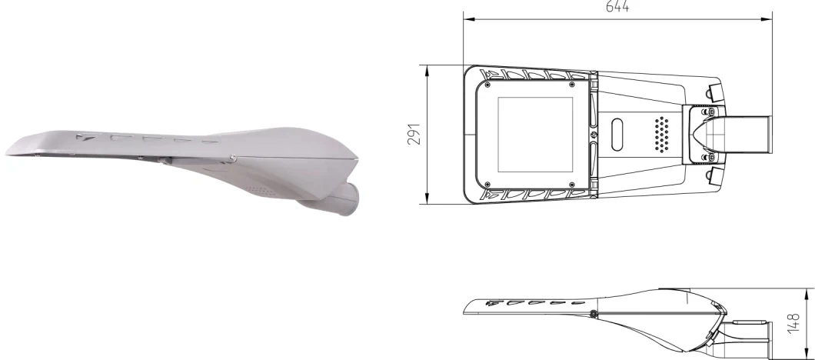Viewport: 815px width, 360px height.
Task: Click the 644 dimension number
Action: [x=617, y=8]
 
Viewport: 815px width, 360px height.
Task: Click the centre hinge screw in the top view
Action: [x=594, y=134]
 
